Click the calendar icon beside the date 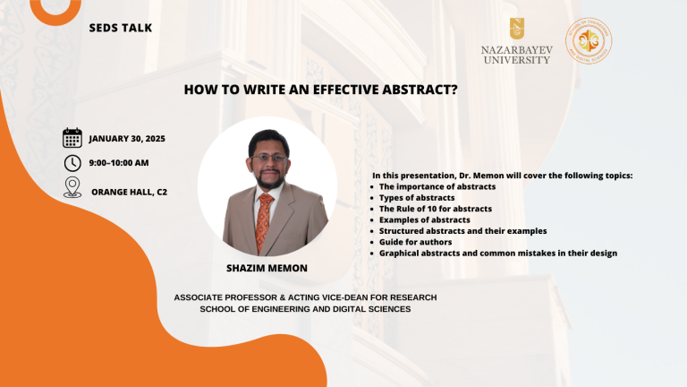pos(72,138)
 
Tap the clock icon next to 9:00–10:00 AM pos(72,163)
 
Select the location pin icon pos(72,187)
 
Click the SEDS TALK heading pos(121,28)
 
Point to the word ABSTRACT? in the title pos(420,90)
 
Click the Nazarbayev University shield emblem pos(517,29)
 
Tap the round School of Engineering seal pos(589,41)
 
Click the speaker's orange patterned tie pos(264,222)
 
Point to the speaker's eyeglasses pos(268,158)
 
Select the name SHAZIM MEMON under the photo pos(267,268)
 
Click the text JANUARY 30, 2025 pos(127,139)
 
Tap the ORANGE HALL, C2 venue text pos(129,192)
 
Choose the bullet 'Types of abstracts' pos(417,198)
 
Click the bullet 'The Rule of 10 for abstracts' pos(436,209)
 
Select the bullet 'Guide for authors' pos(415,242)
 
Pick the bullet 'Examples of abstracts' pos(425,219)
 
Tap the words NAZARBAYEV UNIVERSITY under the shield pos(517,55)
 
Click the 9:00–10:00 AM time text pos(119,163)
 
